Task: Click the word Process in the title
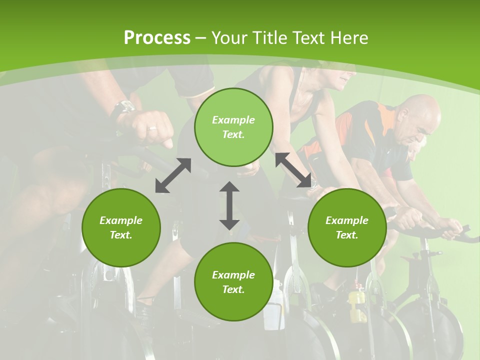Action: pos(157,37)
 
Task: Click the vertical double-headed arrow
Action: pos(229,205)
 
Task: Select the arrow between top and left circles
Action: pos(173,175)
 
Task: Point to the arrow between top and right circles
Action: pos(293,170)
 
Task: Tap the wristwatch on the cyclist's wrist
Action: pos(123,108)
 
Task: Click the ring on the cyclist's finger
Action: pos(152,128)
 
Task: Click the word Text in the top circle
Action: pos(233,134)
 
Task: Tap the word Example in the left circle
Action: pos(121,220)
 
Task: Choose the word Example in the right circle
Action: pos(347,220)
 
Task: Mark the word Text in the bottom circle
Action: pos(233,289)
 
